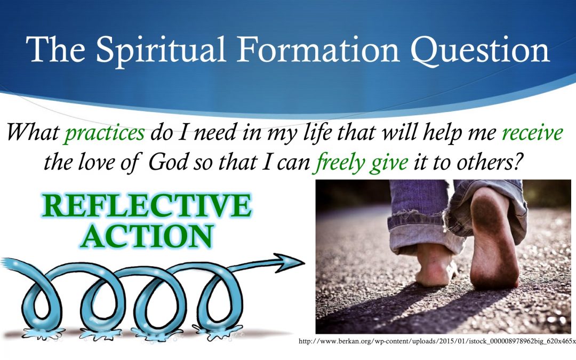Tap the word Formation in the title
318,49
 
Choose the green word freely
340,163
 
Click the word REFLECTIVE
147,205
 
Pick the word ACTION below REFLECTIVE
147,236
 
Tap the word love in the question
97,162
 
